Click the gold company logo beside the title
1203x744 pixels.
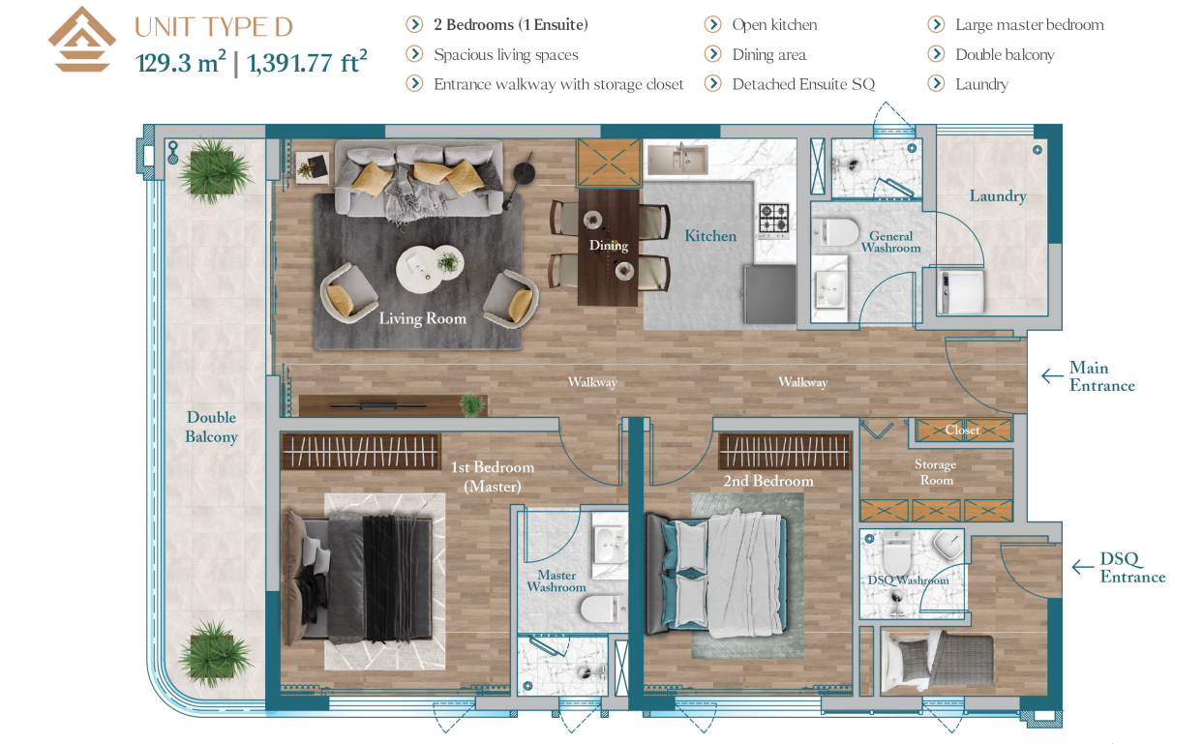tap(81, 40)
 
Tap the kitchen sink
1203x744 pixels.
tap(677, 160)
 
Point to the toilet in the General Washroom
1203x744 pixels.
tap(835, 232)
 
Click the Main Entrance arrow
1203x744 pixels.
tap(1052, 375)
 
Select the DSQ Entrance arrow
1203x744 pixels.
tap(1083, 567)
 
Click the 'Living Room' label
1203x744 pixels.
tap(423, 318)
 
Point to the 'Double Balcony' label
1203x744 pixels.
tap(211, 427)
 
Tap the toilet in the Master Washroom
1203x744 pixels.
tap(604, 609)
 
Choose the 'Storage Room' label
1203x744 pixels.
tap(936, 472)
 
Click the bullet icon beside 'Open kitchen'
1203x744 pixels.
tap(712, 24)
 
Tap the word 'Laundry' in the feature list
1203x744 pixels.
tap(981, 84)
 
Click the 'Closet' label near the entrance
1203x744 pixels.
tap(962, 430)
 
